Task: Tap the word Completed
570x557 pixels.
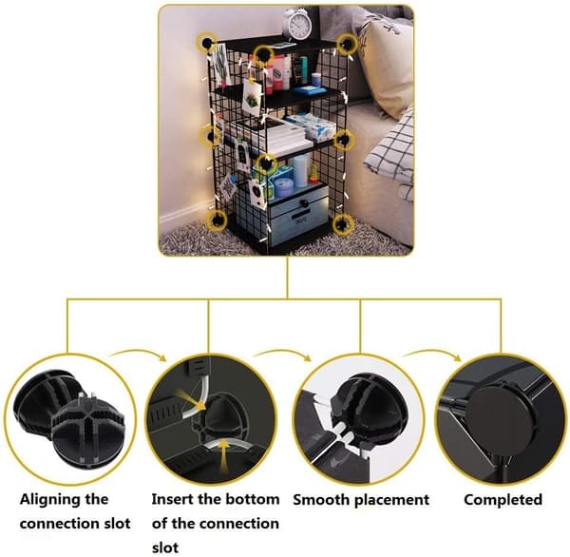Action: (503, 499)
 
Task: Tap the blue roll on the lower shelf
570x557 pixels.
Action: (300, 170)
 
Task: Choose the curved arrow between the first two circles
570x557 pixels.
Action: (138, 353)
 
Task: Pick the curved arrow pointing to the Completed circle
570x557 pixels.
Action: (432, 353)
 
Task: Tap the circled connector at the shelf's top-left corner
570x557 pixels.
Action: (207, 43)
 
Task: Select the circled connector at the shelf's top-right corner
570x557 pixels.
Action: (348, 44)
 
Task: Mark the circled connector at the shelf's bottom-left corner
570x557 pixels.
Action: (217, 221)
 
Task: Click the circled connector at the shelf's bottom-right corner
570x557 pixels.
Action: (343, 223)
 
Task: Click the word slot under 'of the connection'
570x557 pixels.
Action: (165, 547)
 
